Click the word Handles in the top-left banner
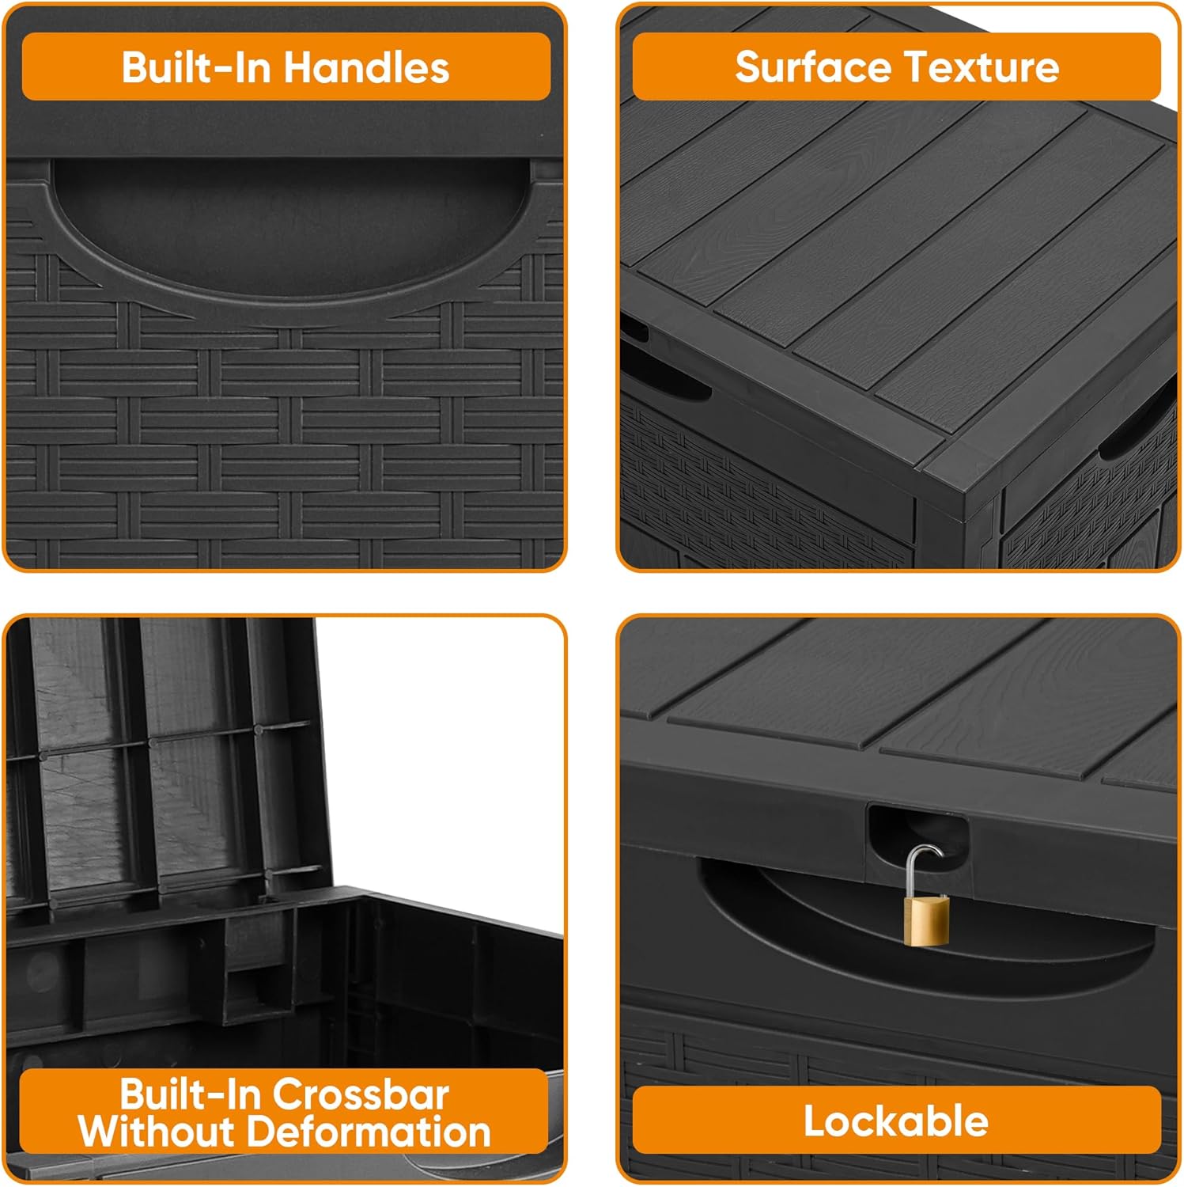tap(366, 67)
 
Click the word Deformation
tap(369, 1132)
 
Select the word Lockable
tap(896, 1121)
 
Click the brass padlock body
tap(926, 919)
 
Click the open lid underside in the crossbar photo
tap(158, 760)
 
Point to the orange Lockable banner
tap(897, 1121)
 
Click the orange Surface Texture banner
tap(897, 66)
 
